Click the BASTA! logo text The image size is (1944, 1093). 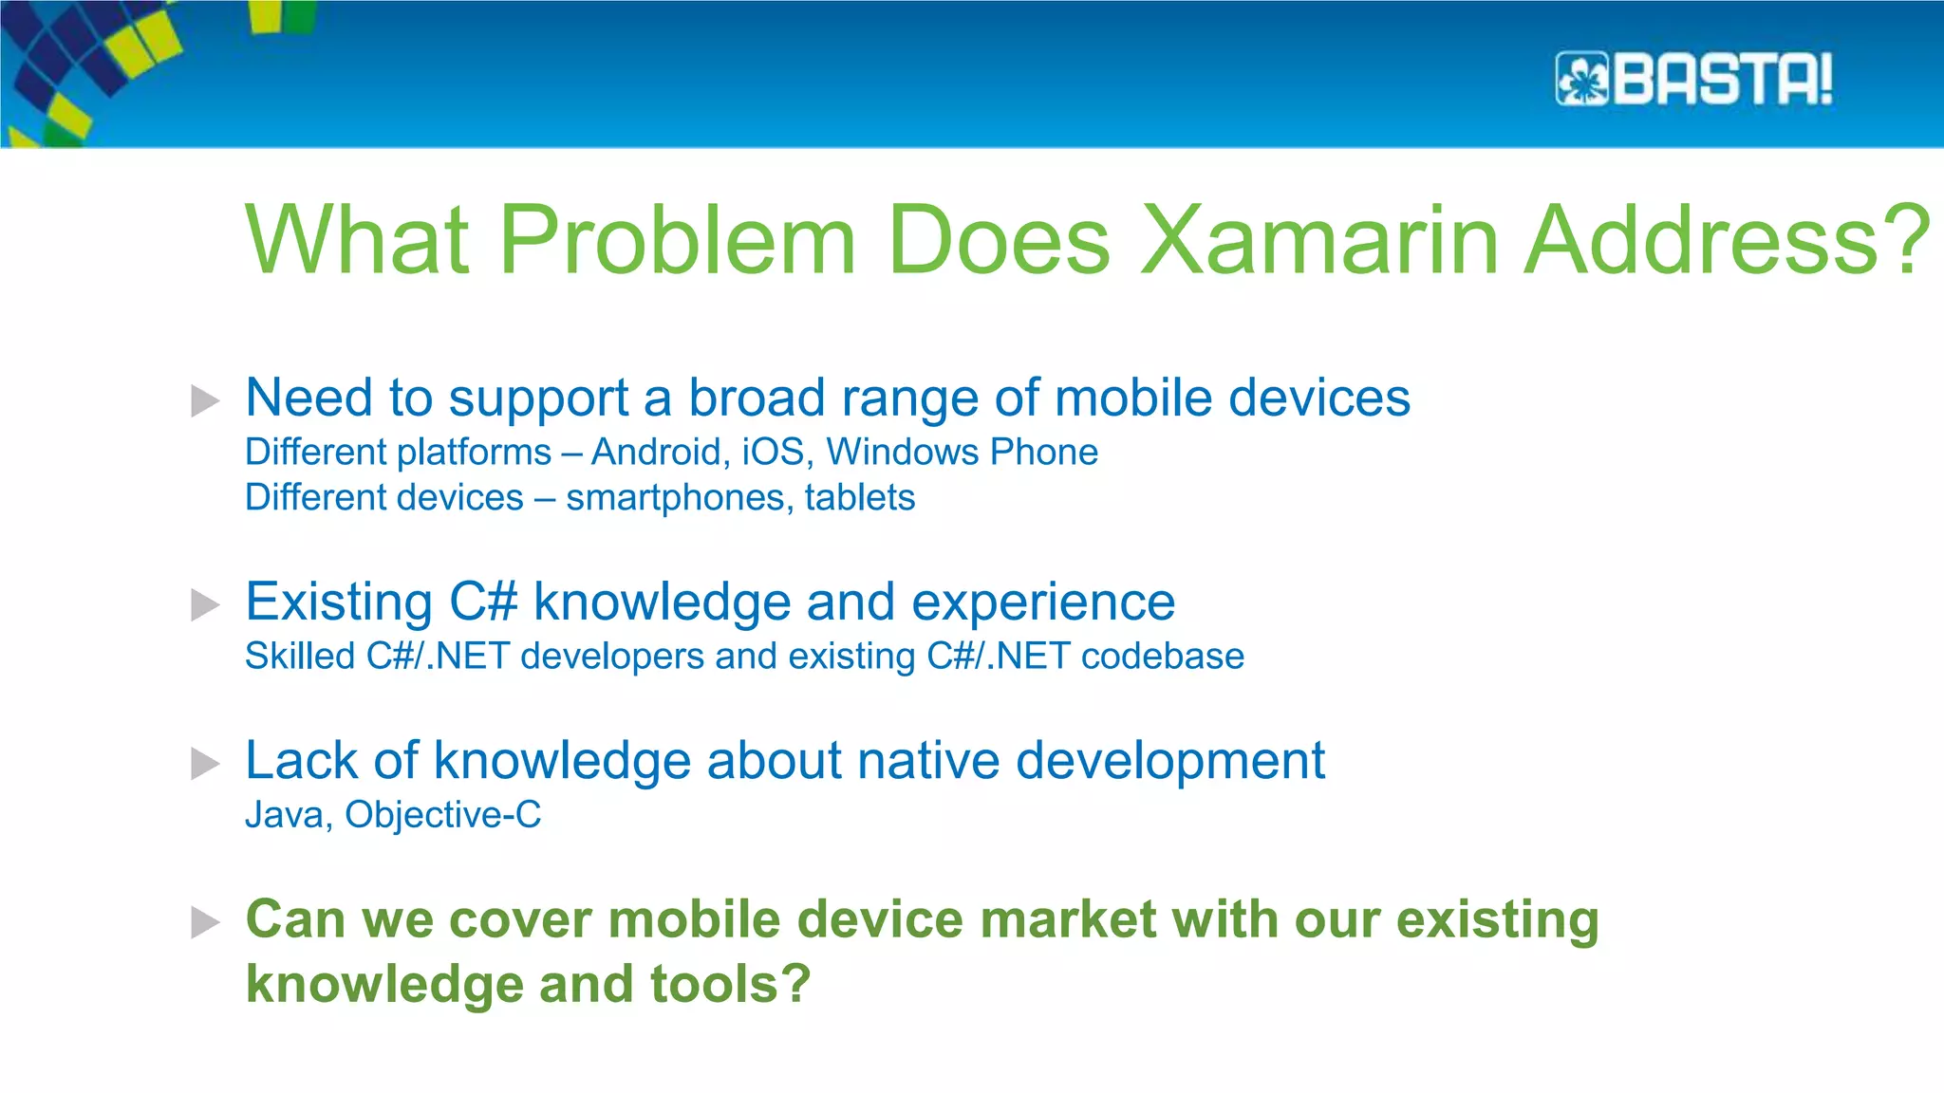click(1723, 79)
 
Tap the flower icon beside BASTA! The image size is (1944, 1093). click(1581, 79)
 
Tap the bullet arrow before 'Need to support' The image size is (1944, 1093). click(205, 400)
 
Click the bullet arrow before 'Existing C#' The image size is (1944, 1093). click(205, 604)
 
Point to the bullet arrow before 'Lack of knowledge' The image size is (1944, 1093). click(205, 763)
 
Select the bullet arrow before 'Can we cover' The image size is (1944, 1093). click(205, 921)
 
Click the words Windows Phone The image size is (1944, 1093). click(962, 453)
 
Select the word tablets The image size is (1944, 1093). click(860, 498)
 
